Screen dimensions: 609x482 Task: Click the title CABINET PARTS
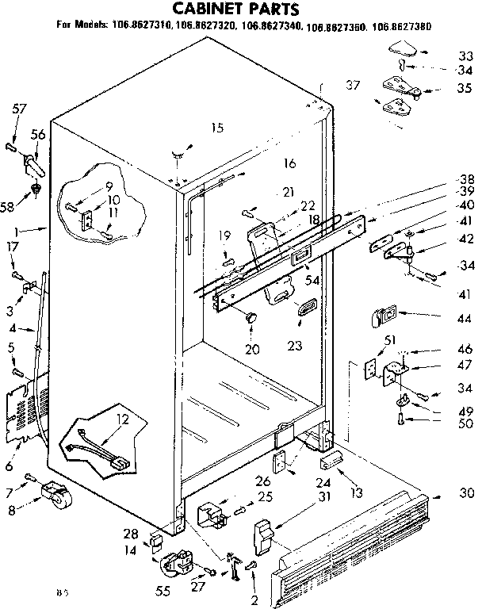[x=237, y=10]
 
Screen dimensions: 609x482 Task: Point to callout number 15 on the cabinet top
[x=217, y=128]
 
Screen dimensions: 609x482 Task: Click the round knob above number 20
[x=252, y=316]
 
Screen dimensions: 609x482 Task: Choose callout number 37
[x=353, y=84]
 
